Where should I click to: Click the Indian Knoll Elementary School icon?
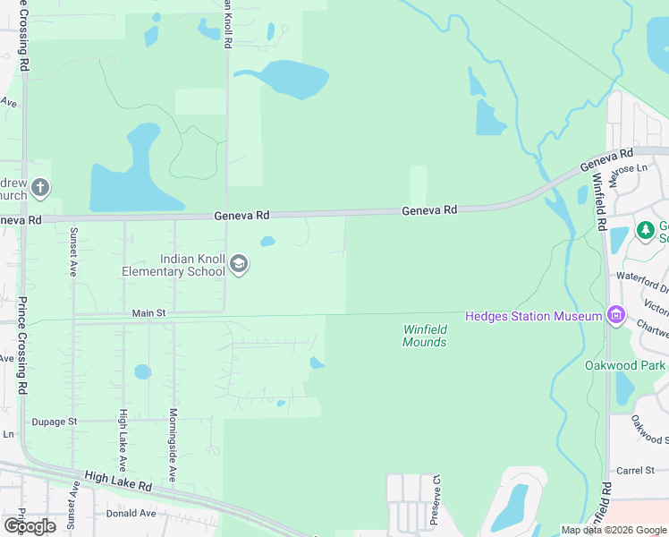point(239,264)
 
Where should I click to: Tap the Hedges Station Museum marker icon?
point(615,315)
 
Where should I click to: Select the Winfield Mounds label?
point(424,336)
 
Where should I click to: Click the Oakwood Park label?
point(624,365)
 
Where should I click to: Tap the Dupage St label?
point(55,420)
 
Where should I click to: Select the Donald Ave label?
point(131,513)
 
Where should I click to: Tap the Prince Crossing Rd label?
point(23,345)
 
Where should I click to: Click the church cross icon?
point(39,188)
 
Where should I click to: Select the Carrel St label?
point(636,470)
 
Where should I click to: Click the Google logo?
point(30,525)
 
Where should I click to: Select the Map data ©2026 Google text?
point(613,530)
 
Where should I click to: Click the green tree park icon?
point(646,231)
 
